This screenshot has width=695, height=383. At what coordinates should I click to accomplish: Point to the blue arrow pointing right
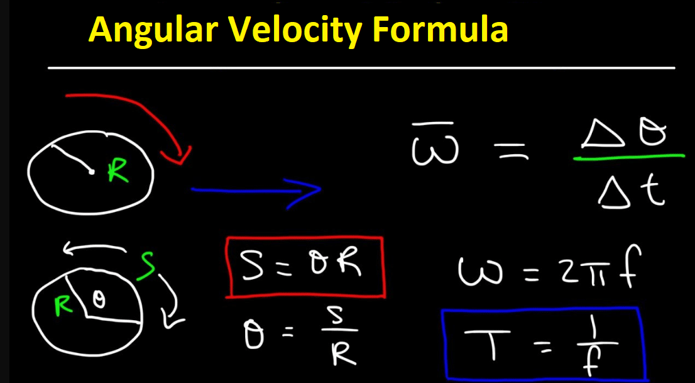[256, 191]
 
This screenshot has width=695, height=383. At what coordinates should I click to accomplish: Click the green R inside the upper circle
[118, 172]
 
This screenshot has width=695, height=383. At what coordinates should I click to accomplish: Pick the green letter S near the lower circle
[146, 265]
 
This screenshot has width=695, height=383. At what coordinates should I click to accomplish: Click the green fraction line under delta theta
[628, 157]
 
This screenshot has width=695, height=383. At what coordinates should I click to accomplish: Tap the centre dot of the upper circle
[91, 171]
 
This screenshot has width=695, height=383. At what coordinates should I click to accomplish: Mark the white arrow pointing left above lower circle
[95, 250]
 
